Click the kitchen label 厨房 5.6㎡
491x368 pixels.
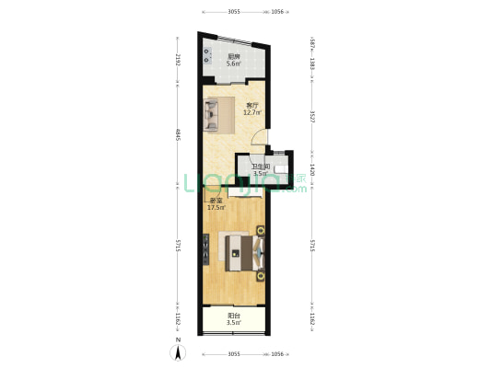pyautogui.click(x=234, y=61)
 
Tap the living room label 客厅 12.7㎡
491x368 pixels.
pyautogui.click(x=252, y=109)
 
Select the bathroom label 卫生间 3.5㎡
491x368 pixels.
pyautogui.click(x=260, y=169)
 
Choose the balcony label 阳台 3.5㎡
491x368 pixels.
pyautogui.click(x=234, y=319)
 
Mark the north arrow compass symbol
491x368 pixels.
pyautogui.click(x=177, y=352)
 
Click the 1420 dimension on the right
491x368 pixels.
pyautogui.click(x=312, y=169)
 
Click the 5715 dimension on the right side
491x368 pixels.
pyautogui.click(x=312, y=246)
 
